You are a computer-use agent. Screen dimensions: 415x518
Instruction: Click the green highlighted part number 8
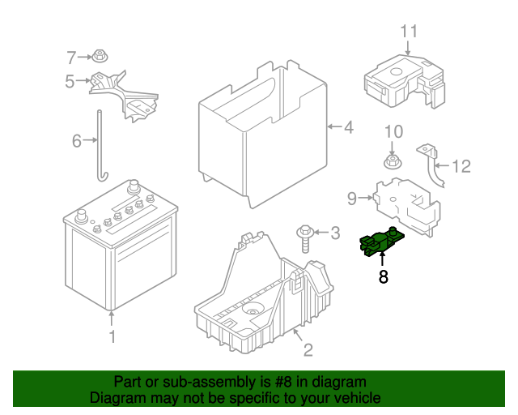point(380,242)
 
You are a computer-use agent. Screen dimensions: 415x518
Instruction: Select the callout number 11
point(410,32)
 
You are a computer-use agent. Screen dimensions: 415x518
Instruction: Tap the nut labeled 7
point(99,57)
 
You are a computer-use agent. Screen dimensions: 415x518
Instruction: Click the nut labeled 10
point(392,161)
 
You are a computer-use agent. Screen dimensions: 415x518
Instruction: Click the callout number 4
point(348,127)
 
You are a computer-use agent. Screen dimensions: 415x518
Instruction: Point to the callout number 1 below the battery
point(113,336)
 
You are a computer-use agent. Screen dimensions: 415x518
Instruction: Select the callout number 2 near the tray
point(308,350)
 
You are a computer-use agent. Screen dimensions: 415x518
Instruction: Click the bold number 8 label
point(383,277)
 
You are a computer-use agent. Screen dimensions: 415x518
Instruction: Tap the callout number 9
point(352,197)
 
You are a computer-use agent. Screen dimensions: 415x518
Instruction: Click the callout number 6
point(77,141)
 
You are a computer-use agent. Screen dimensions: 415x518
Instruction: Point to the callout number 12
point(461,167)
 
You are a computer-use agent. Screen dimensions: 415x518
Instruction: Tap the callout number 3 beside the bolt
point(335,234)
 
